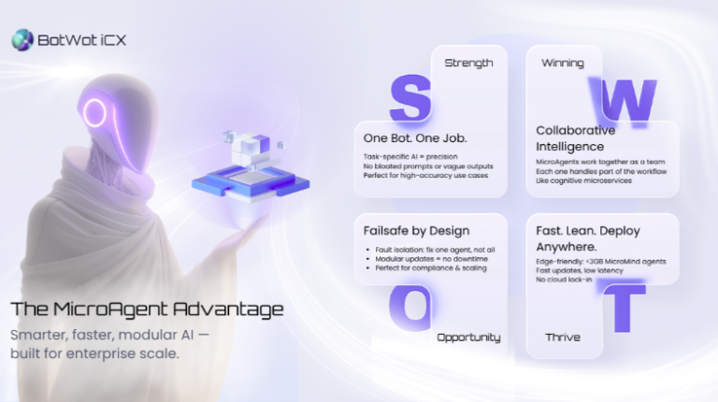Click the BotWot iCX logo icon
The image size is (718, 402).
(x=22, y=39)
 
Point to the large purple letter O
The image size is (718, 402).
(x=409, y=306)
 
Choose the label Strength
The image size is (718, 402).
(x=469, y=63)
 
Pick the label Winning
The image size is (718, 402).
(x=563, y=63)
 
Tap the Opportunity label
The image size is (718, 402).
(x=468, y=337)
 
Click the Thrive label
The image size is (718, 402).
(x=563, y=337)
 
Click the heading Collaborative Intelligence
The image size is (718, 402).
(x=576, y=138)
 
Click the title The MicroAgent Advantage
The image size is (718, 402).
(x=147, y=309)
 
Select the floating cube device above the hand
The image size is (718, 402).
(x=237, y=166)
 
